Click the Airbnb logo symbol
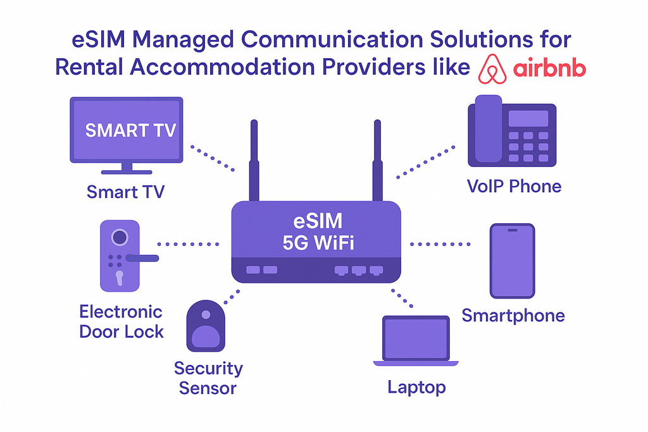pos(492,69)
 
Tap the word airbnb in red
pos(550,68)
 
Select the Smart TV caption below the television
pos(126,192)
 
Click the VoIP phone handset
pos(489,128)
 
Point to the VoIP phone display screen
pos(528,118)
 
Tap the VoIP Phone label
pos(514,186)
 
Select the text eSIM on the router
pos(318,221)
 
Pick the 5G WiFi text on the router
pos(318,242)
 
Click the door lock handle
pos(142,258)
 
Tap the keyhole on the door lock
pos(120,278)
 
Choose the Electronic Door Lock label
pos(121,322)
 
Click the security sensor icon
pos(206,326)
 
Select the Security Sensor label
pos(208,378)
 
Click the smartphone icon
pos(513,261)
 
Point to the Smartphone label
pos(513,316)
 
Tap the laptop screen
pos(416,338)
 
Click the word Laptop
pos(416,388)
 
